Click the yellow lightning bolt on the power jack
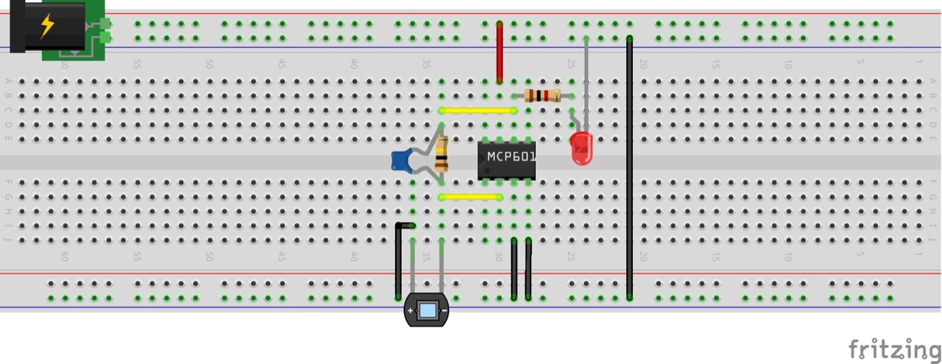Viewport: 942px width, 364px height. pos(47,26)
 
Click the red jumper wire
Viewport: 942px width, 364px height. pos(500,51)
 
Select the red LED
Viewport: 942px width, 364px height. pos(581,148)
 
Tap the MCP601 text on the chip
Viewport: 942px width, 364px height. pos(511,157)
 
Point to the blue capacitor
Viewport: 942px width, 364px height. pos(401,160)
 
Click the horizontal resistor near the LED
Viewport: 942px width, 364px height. pos(542,95)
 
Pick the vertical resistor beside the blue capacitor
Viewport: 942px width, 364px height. pos(442,154)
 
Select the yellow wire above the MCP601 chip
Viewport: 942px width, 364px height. pos(478,110)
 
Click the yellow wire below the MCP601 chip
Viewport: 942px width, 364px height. pos(470,197)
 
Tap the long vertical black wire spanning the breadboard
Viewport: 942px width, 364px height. pos(629,169)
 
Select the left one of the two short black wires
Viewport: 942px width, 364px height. pos(514,268)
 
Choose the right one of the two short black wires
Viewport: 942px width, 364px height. pos(528,268)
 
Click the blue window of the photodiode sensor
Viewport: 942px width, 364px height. pos(427,310)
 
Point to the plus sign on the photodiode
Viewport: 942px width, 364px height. pos(411,311)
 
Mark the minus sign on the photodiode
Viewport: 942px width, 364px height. pos(444,311)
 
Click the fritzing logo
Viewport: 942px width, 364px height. pos(893,349)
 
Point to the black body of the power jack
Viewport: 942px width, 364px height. pos(52,26)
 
